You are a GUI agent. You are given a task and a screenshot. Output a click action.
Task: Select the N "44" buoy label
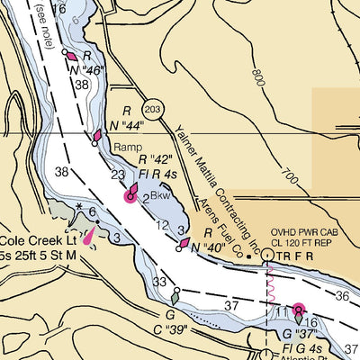coord(127,124)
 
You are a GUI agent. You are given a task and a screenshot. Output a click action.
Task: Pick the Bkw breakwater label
coord(160,194)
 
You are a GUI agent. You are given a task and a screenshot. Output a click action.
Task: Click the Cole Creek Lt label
coord(35,241)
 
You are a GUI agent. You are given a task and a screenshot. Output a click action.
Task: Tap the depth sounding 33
coord(159,283)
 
